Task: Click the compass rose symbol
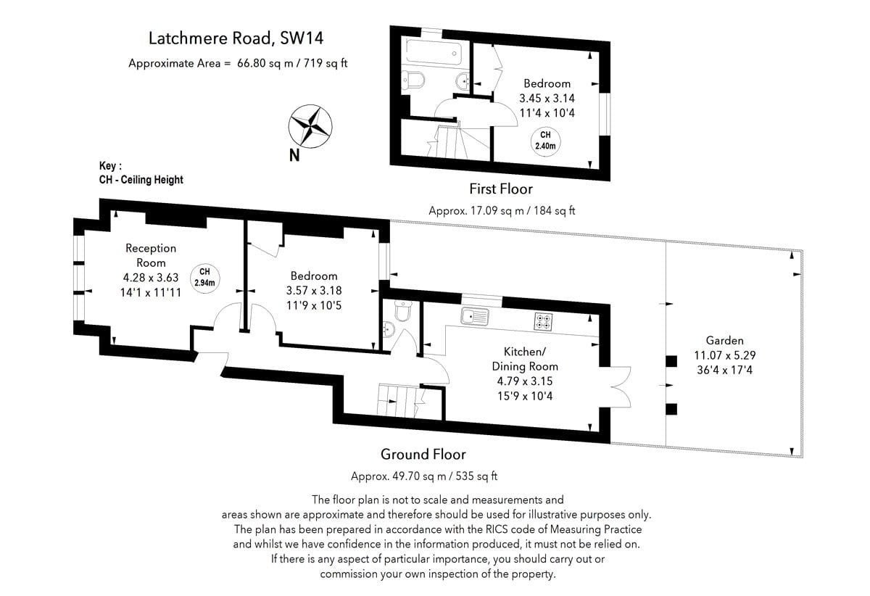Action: click(310, 126)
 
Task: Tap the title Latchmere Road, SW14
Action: click(236, 38)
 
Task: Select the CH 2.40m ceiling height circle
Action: click(545, 141)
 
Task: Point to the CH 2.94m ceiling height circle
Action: click(204, 278)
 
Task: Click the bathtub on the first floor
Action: click(434, 52)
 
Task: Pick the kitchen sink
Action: click(475, 316)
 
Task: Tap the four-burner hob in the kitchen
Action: click(543, 322)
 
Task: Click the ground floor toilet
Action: click(403, 310)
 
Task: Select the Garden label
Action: click(724, 340)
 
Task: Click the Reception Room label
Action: click(151, 255)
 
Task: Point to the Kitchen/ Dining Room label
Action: click(525, 359)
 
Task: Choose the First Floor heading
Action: click(501, 189)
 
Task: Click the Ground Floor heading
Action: click(423, 454)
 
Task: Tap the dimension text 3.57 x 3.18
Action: click(314, 291)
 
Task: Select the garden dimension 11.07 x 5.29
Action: click(725, 355)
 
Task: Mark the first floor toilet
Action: click(413, 80)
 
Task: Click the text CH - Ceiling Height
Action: click(141, 180)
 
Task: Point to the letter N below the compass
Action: click(294, 155)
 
